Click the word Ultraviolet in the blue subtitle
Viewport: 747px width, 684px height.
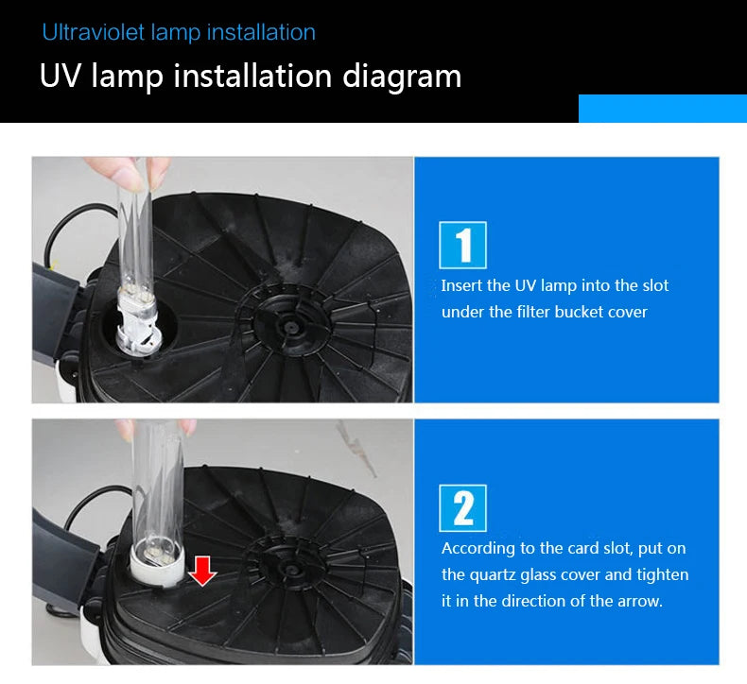point(94,32)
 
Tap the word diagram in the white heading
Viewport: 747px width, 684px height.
point(402,77)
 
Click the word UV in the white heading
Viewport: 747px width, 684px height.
point(61,76)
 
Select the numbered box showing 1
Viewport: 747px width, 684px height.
point(462,245)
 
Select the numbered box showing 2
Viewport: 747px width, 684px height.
point(462,508)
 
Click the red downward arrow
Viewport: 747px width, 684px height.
point(202,572)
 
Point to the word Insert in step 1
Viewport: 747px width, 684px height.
point(461,285)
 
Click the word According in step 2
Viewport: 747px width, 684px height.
point(478,549)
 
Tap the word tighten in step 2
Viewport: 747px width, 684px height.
point(663,574)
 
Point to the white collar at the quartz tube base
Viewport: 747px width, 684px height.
point(157,565)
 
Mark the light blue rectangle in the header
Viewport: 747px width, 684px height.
point(663,109)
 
